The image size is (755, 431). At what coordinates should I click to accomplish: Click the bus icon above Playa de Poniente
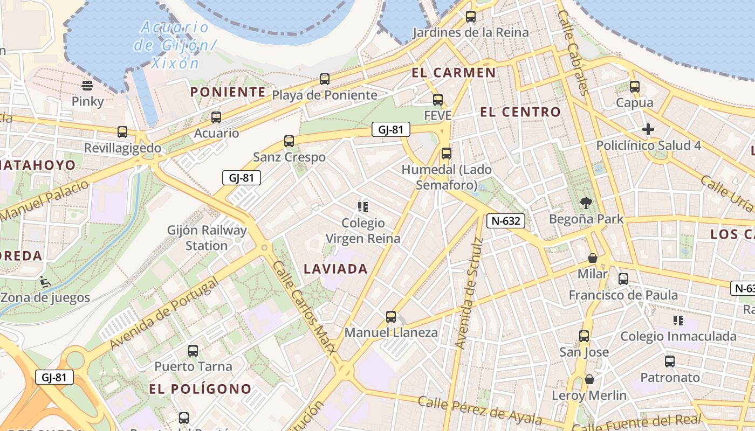324,79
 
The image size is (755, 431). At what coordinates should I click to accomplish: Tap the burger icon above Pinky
87,86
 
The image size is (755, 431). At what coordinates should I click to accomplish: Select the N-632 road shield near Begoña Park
505,220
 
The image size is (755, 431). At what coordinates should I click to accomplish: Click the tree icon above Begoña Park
586,203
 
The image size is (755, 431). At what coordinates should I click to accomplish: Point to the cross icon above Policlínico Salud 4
648,129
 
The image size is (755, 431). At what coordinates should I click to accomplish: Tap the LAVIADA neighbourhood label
335,269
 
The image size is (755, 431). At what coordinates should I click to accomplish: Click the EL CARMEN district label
454,73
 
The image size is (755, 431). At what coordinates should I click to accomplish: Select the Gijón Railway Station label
207,238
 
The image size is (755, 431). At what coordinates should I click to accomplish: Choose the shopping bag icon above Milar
592,258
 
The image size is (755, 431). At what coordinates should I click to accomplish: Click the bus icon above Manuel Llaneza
391,317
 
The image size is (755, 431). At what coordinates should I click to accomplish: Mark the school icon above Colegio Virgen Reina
362,206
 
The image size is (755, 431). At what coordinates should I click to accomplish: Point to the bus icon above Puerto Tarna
193,351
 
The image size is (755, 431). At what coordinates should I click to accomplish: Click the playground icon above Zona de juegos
45,281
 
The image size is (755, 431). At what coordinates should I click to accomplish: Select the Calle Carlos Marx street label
304,307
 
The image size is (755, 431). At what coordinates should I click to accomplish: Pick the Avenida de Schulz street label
468,293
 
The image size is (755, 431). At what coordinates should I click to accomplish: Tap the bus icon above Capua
635,87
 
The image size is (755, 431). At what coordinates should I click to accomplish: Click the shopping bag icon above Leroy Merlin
589,379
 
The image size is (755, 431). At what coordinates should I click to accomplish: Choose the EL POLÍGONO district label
200,389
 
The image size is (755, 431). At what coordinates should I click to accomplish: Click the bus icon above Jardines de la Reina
471,17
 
